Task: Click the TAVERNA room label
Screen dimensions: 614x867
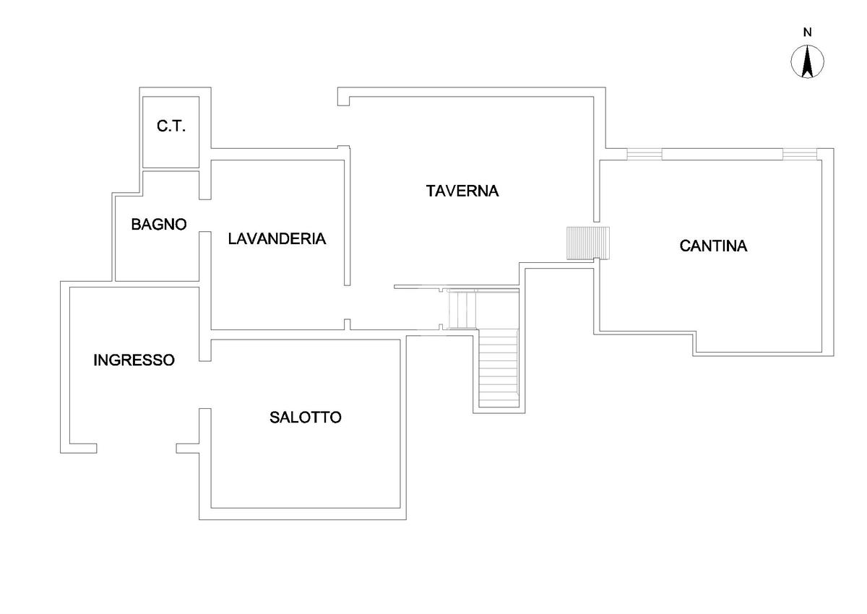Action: tap(462, 191)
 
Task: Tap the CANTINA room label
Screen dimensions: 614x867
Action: tap(713, 246)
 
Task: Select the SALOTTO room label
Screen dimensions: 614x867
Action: tap(306, 417)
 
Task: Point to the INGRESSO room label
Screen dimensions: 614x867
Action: tap(134, 360)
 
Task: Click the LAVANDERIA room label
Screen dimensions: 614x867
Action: tap(277, 238)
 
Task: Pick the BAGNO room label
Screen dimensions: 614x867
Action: tap(159, 224)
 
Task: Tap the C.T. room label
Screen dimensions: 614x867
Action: tap(171, 126)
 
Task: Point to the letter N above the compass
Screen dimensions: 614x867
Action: tap(807, 32)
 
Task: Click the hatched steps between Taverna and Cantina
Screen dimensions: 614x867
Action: tap(588, 243)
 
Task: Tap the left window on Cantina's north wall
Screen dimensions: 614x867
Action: tap(644, 153)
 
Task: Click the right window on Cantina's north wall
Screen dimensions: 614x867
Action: tap(800, 153)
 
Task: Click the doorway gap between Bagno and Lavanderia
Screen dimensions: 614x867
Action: tap(205, 215)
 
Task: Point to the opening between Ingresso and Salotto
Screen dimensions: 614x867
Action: tap(205, 384)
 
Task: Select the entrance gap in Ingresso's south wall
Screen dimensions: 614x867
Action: tap(136, 448)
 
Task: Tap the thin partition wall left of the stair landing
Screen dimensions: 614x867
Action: tap(419, 287)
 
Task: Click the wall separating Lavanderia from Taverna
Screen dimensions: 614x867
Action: tap(347, 217)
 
